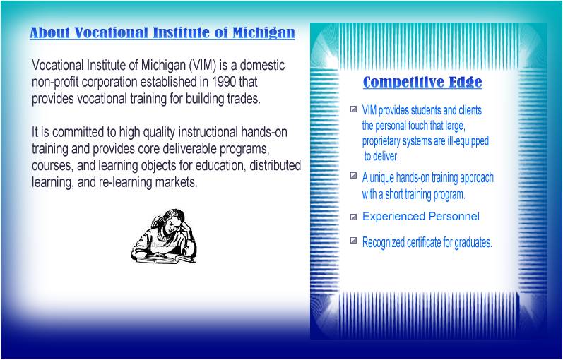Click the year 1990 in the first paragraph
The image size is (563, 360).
(225, 82)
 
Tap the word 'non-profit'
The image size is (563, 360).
(56, 82)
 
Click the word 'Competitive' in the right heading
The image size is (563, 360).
(393, 83)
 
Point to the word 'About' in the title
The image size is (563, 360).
(49, 33)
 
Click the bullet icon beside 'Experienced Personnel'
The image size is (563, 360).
(353, 217)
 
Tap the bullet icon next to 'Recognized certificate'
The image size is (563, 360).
(353, 241)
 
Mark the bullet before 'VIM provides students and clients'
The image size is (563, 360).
(353, 109)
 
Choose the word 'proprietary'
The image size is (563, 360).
(386, 141)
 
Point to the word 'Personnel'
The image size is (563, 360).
(454, 216)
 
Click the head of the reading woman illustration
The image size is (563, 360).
(172, 219)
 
